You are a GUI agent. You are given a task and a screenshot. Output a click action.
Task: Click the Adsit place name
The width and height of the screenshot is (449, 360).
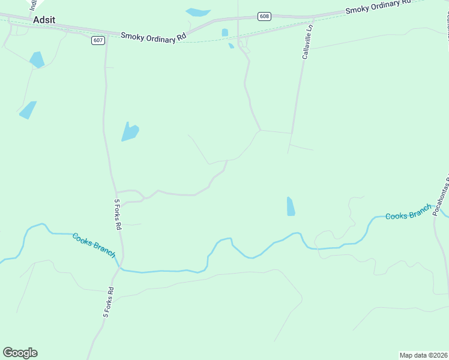pos(44,20)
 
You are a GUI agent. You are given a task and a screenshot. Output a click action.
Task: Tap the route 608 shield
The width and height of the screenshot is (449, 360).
pos(264,16)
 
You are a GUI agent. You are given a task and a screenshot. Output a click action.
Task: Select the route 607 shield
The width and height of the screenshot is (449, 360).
pos(98,40)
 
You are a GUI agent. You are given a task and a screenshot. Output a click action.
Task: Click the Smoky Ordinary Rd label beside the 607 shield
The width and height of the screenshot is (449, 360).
pos(153,37)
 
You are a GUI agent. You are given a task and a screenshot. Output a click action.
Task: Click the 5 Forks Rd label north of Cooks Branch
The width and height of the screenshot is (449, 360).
pos(118,215)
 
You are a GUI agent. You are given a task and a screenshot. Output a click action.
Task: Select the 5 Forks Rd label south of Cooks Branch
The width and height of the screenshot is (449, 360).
pos(109,302)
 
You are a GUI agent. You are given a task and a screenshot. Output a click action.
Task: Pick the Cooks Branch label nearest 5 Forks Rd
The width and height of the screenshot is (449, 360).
pos(94,245)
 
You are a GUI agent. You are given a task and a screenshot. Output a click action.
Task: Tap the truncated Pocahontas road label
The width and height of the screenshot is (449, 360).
pos(441,192)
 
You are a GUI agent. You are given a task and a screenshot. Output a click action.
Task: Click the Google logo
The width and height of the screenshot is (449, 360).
pos(20,353)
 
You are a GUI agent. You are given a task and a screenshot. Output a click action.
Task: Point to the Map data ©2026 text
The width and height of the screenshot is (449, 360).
pos(423,355)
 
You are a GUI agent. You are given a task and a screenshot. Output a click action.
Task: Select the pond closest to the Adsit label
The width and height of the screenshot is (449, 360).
pos(37,59)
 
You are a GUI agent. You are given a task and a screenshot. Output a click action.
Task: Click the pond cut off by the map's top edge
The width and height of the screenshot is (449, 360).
pos(198,12)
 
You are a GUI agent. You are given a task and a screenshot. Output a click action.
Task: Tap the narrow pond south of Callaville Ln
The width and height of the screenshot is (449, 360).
pos(291,206)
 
